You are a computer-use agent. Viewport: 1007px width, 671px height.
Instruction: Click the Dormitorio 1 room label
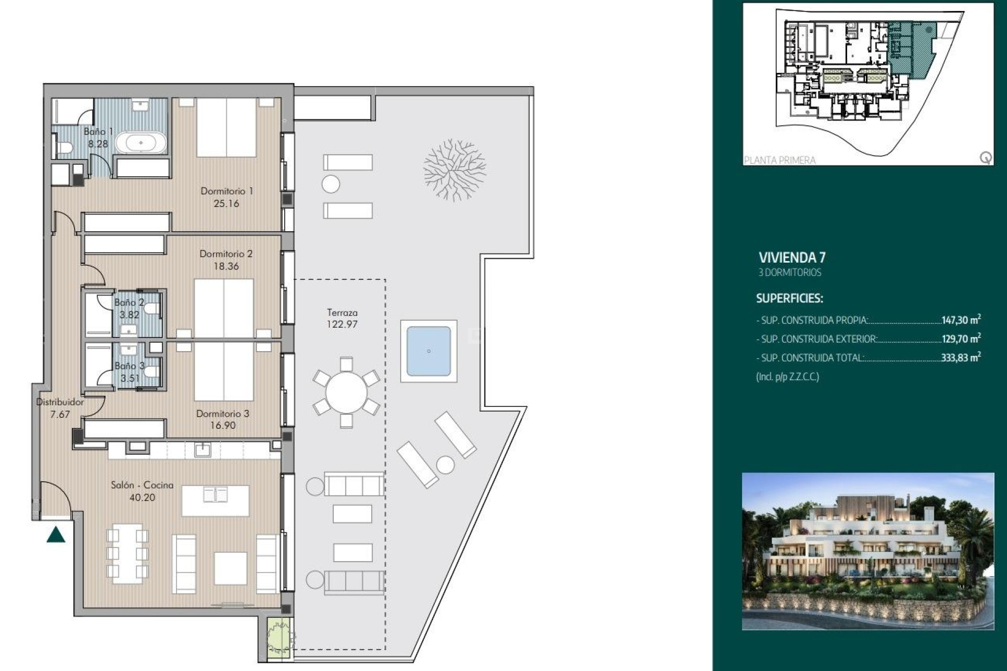227,191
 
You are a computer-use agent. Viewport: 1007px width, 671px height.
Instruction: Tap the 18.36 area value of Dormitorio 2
226,266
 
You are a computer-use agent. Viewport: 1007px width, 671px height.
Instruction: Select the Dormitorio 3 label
222,414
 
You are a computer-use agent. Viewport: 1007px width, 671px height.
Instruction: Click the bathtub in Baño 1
141,143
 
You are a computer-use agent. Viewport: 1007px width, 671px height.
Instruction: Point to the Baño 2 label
128,302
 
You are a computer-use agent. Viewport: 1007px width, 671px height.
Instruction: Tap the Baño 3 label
129,366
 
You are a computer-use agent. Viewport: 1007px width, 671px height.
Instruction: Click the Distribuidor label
60,402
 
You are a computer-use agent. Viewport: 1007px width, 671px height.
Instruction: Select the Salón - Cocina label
142,485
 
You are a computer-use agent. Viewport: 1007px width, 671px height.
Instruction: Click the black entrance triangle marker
56,535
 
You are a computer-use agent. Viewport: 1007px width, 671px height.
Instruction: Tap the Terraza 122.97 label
342,318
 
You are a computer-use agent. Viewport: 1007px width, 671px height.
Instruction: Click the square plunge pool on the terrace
428,351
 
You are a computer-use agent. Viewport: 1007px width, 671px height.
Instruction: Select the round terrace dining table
346,393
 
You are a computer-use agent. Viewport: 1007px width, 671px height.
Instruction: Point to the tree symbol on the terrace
455,169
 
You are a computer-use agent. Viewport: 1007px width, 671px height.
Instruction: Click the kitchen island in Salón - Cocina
215,501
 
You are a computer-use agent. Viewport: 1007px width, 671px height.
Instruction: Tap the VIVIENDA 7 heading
792,257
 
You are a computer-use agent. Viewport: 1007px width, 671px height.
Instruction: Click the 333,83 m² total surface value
960,358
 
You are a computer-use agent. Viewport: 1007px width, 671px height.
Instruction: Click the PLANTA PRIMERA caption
779,160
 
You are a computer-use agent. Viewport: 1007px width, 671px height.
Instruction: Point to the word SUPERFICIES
789,298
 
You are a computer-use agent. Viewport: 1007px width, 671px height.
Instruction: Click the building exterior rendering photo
868,551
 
